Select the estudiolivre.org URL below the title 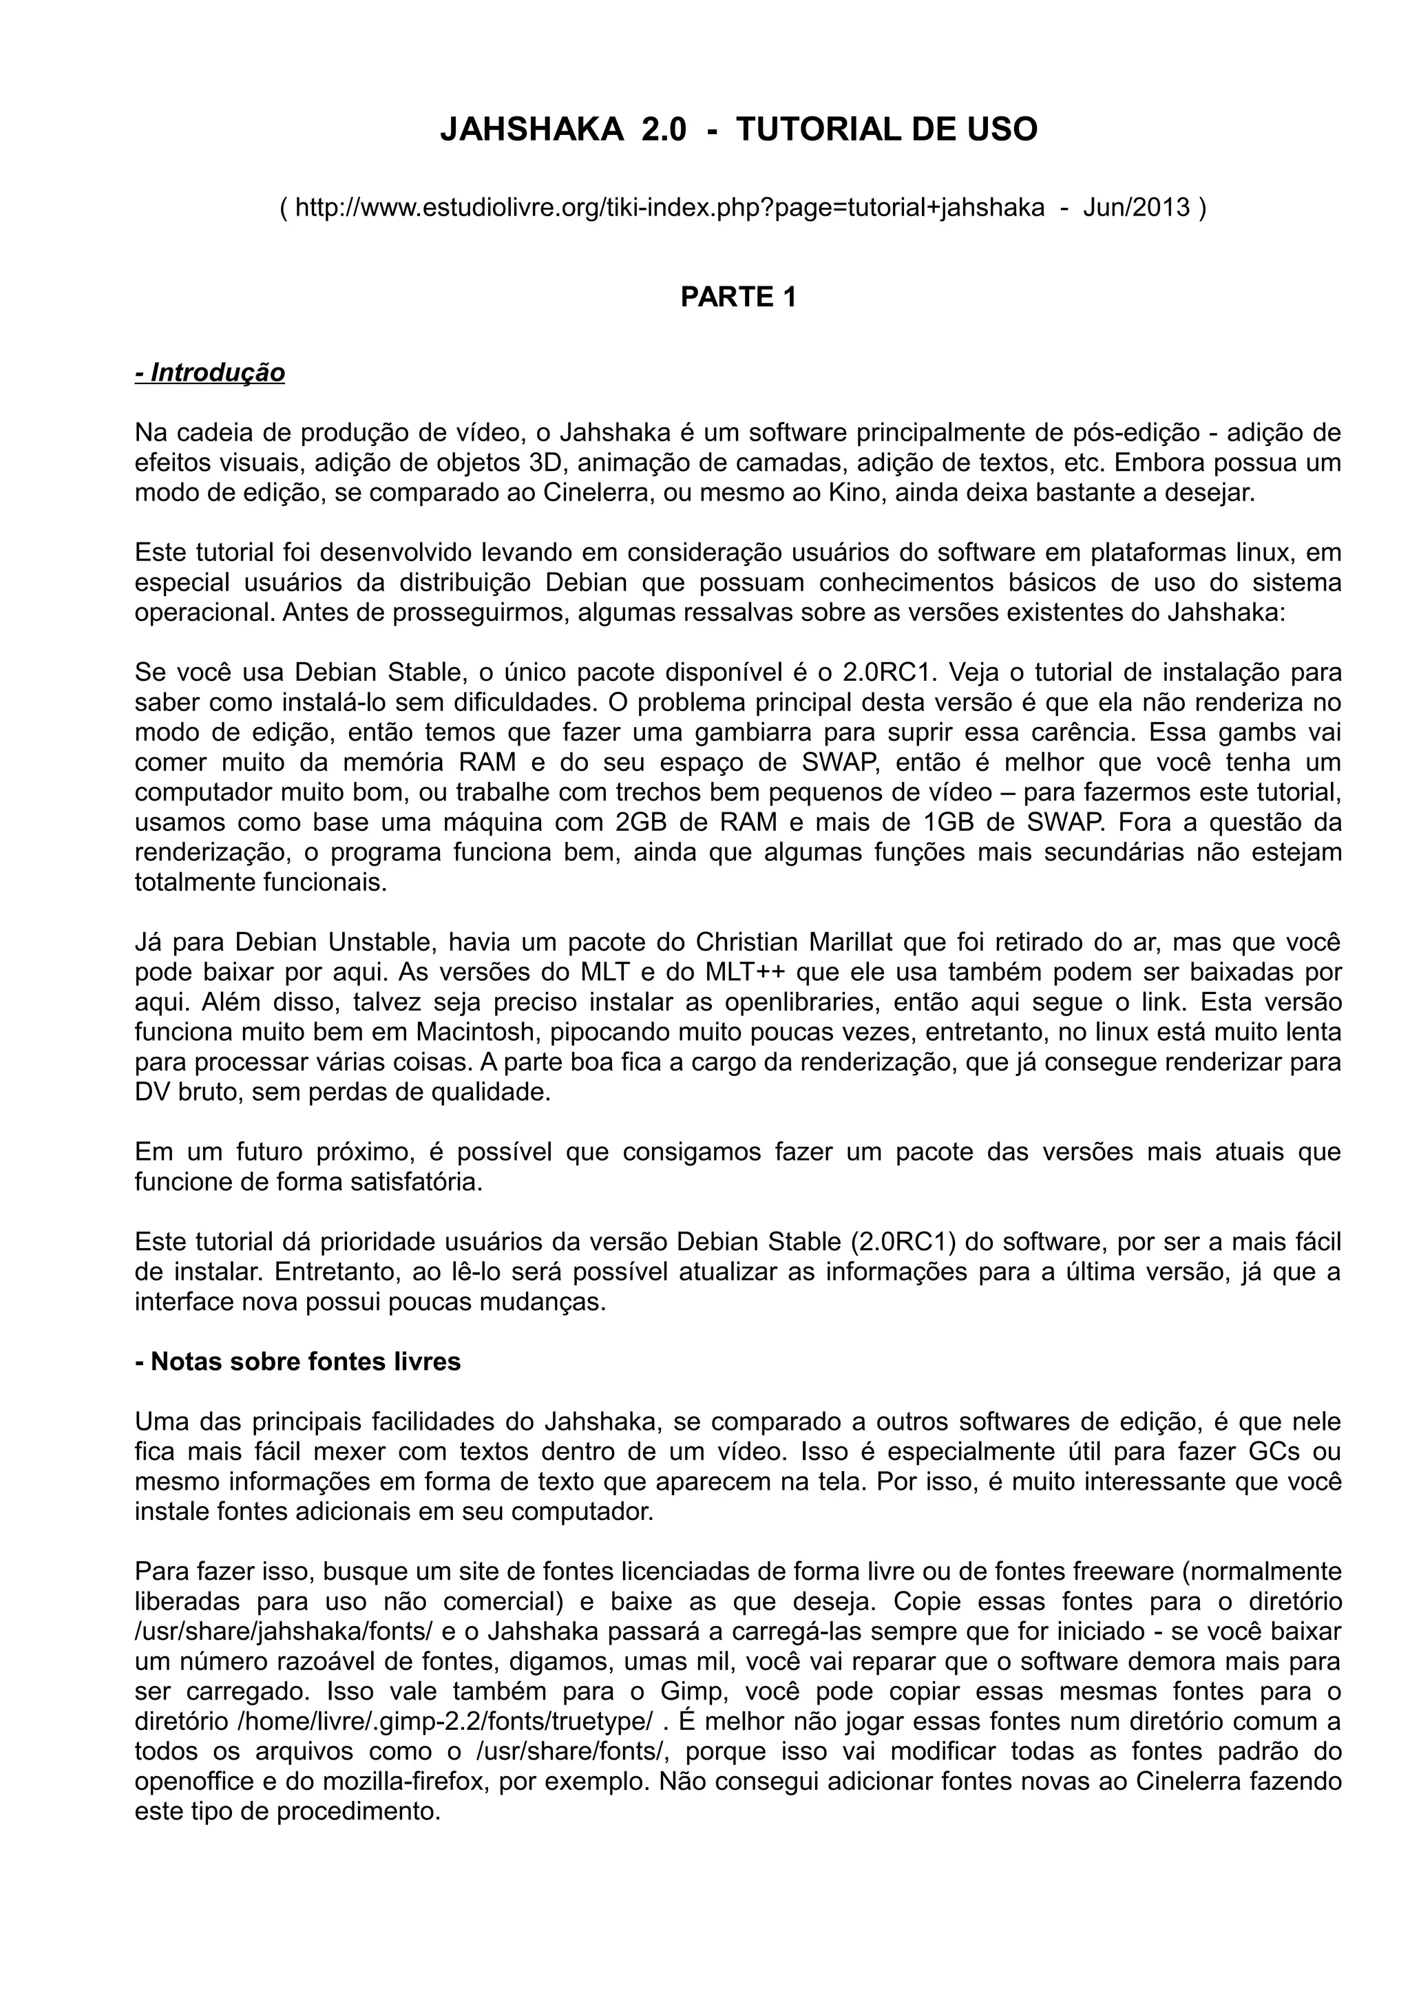[x=670, y=208]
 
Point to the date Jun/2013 [x=1137, y=208]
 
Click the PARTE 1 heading [x=739, y=297]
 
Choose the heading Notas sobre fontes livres [x=298, y=1361]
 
